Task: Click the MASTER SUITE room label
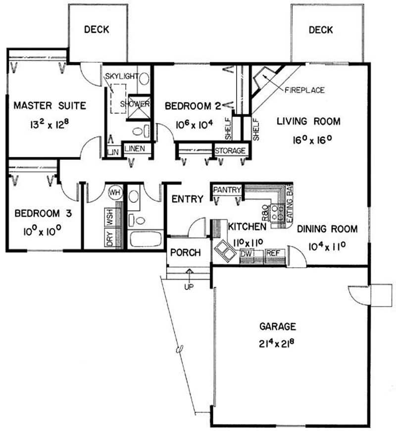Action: (50, 105)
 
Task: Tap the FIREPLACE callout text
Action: (304, 90)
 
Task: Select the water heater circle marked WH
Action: (115, 192)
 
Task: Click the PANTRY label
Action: (227, 190)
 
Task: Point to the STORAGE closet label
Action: (230, 150)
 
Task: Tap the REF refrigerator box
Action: (273, 253)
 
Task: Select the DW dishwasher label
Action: (246, 253)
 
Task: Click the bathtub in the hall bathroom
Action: (146, 239)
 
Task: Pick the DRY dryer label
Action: (110, 239)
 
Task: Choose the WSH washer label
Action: (110, 217)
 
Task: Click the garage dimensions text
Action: (278, 343)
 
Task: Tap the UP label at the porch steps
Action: (189, 287)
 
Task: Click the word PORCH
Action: (186, 252)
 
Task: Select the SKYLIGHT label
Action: (122, 76)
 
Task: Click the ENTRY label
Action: (188, 199)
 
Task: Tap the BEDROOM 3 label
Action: (43, 213)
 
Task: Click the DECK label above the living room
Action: (321, 30)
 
